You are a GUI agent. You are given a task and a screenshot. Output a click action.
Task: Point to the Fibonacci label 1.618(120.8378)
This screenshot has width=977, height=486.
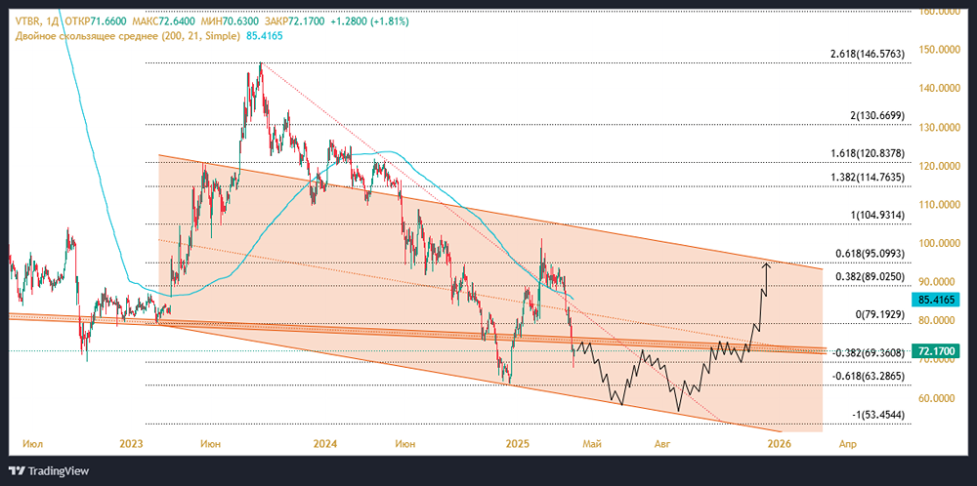pyautogui.click(x=860, y=154)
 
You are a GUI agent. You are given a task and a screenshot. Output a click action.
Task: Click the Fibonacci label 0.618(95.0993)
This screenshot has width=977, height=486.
pyautogui.click(x=863, y=254)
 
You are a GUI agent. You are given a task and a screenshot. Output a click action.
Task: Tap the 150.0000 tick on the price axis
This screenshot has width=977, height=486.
pyautogui.click(x=939, y=50)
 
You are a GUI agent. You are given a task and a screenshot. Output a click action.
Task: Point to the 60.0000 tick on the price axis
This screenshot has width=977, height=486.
pyautogui.click(x=939, y=398)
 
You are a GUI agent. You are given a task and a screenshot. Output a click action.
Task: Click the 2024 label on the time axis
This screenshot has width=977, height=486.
pyautogui.click(x=325, y=444)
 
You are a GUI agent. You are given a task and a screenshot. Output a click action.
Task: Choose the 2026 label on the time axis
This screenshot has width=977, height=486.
pyautogui.click(x=779, y=444)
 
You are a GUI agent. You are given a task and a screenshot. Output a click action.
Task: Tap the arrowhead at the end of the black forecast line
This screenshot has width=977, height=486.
pyautogui.click(x=767, y=264)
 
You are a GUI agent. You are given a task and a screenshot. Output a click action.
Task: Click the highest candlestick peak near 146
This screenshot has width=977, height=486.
pyautogui.click(x=260, y=65)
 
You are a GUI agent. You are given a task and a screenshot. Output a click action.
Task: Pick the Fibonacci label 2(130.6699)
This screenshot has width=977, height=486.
pyautogui.click(x=877, y=116)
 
